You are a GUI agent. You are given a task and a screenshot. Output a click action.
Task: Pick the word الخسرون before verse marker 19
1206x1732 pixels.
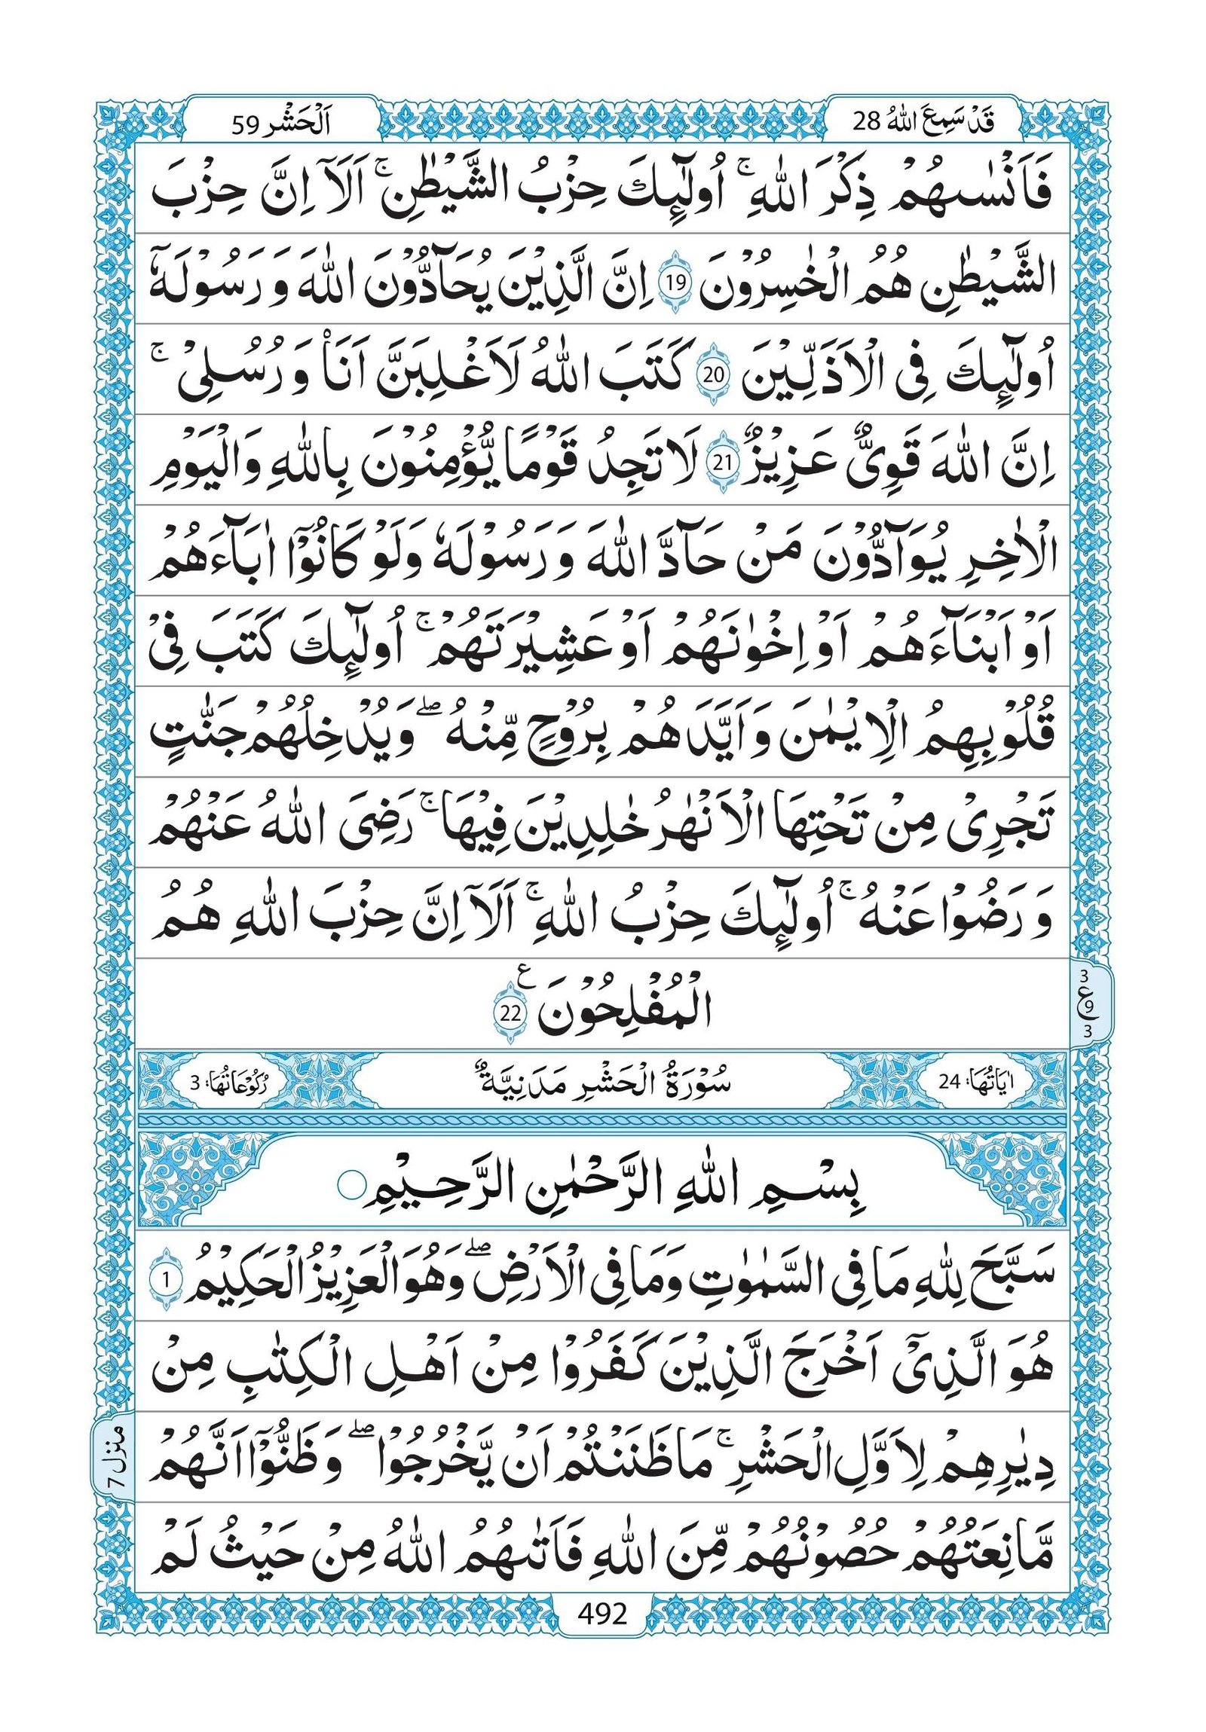(x=762, y=285)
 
